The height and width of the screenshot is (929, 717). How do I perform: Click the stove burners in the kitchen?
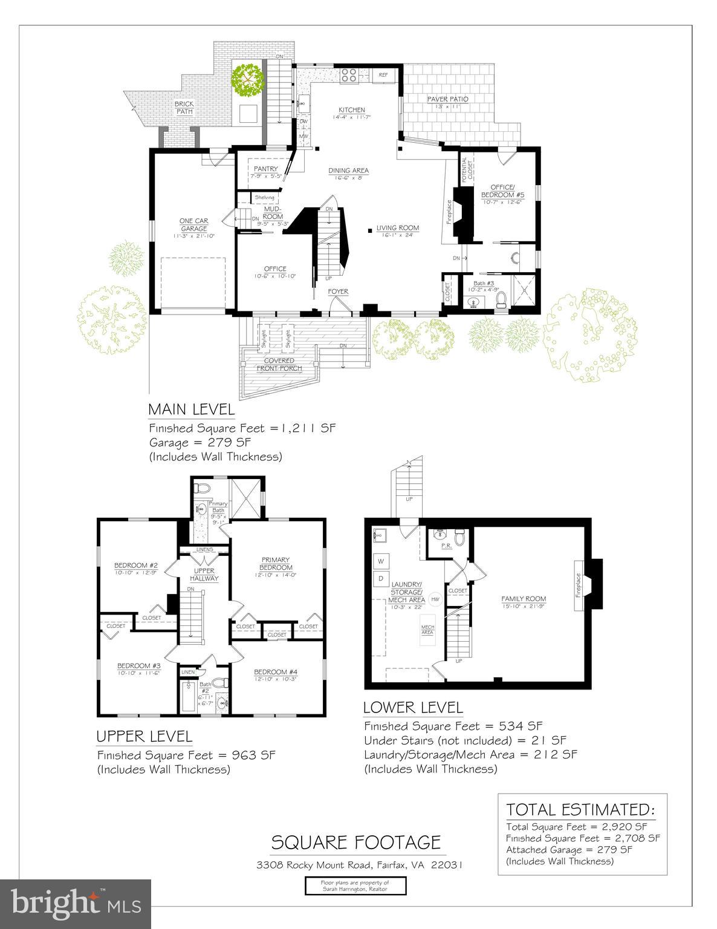tap(349, 74)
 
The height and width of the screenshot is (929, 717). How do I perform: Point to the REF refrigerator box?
tap(383, 74)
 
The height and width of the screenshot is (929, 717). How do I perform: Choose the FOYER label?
tap(338, 292)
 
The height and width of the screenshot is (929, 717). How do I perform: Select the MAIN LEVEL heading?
tap(191, 409)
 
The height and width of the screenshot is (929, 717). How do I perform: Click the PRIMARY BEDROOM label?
tap(276, 563)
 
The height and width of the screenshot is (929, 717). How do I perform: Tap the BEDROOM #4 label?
tap(276, 672)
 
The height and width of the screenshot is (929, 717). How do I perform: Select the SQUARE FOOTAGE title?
tap(355, 842)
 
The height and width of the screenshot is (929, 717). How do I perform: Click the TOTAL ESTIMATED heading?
tap(580, 809)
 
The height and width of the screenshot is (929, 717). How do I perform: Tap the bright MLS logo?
tap(76, 903)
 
